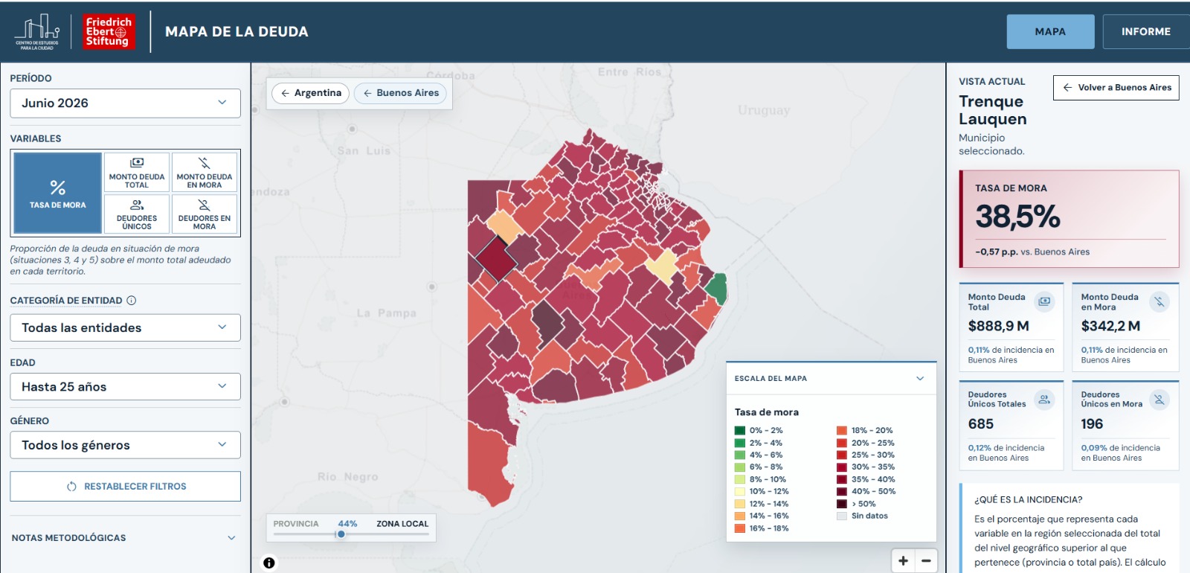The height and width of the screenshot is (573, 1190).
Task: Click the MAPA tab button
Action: coord(1050,31)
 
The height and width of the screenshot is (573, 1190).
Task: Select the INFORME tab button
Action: coord(1146,31)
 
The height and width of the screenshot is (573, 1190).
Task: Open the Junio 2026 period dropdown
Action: coord(126,103)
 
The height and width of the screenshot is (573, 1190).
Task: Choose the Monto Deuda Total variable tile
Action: coord(137,172)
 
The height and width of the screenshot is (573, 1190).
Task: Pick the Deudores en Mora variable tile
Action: coord(205,214)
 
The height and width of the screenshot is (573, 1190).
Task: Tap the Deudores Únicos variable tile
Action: coord(137,214)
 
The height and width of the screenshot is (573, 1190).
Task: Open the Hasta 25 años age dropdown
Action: coord(126,386)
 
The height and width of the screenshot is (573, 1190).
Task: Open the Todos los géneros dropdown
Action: coord(126,445)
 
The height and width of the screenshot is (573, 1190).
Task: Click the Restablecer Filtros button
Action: coord(126,487)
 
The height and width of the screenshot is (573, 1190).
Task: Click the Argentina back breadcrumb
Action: coord(311,93)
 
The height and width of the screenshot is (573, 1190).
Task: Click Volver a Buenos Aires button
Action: coord(1116,88)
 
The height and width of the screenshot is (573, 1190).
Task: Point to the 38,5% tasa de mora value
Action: coord(1017,217)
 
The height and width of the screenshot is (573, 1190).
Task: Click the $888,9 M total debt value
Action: coord(998,326)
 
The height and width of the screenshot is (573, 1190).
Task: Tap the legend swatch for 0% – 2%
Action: coord(739,431)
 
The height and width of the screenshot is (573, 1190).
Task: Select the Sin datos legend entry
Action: coord(864,516)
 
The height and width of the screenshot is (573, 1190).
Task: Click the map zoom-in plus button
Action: coord(903,561)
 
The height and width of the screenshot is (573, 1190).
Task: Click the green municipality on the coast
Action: coord(717,287)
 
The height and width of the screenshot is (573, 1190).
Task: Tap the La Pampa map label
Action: coord(386,313)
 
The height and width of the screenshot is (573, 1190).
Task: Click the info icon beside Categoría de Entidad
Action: coord(132,301)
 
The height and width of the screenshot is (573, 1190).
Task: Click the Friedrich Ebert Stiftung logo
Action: coord(109,31)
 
